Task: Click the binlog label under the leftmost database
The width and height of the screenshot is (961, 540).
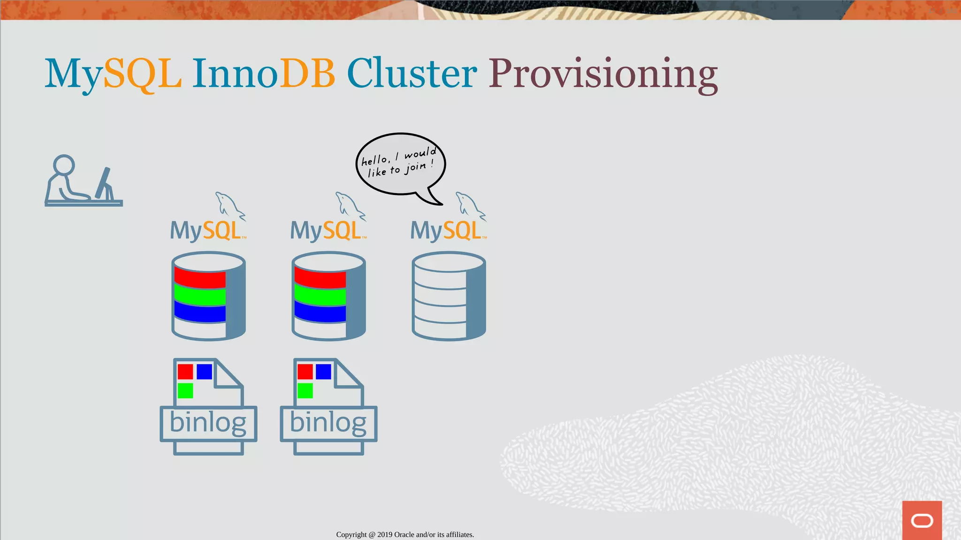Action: coord(208,423)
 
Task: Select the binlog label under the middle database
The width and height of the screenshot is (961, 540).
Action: coord(328,423)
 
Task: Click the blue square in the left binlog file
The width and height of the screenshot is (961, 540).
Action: coord(204,372)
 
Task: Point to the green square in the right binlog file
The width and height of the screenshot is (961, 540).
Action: coord(305,390)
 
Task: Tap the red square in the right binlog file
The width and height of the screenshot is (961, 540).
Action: coord(305,372)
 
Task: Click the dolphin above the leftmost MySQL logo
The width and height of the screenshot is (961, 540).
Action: coord(229,205)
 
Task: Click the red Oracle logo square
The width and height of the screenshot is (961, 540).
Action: coord(922,520)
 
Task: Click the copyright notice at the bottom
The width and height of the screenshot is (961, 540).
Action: coord(405,534)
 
